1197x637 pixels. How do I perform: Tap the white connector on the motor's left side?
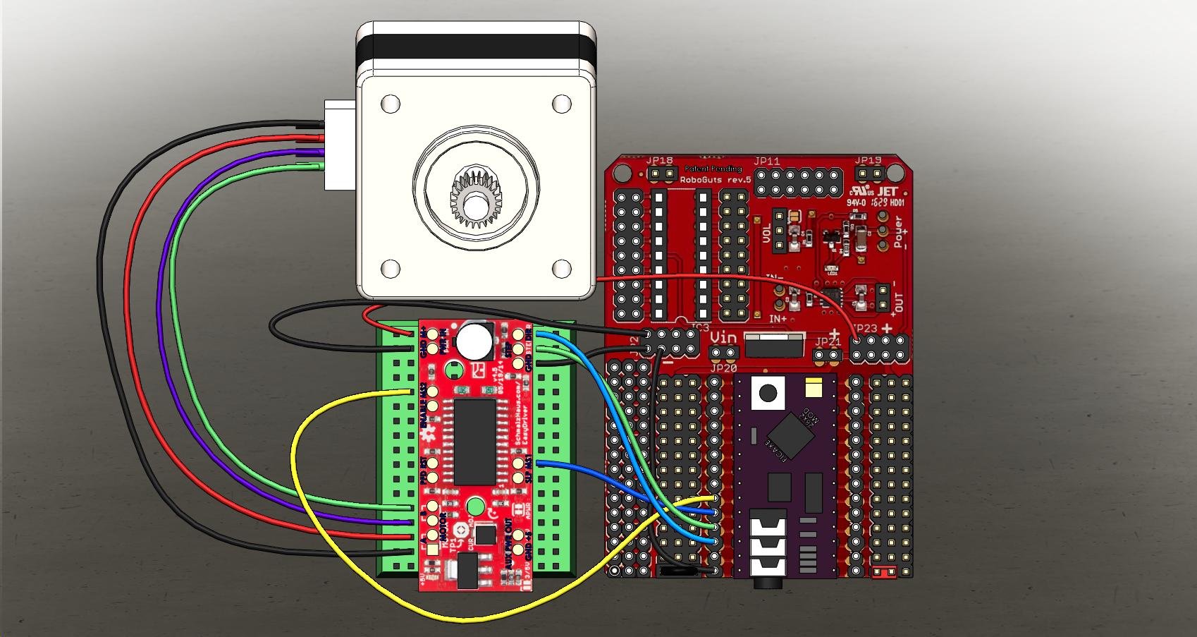coord(337,145)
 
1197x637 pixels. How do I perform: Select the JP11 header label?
coord(766,162)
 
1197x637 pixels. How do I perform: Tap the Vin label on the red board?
coord(723,338)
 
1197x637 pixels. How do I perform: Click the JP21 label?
coord(828,342)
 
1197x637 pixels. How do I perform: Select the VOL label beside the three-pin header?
coord(768,233)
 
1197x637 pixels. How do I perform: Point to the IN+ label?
coord(778,319)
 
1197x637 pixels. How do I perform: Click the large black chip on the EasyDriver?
coord(474,441)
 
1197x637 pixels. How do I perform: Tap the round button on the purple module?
coord(767,393)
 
